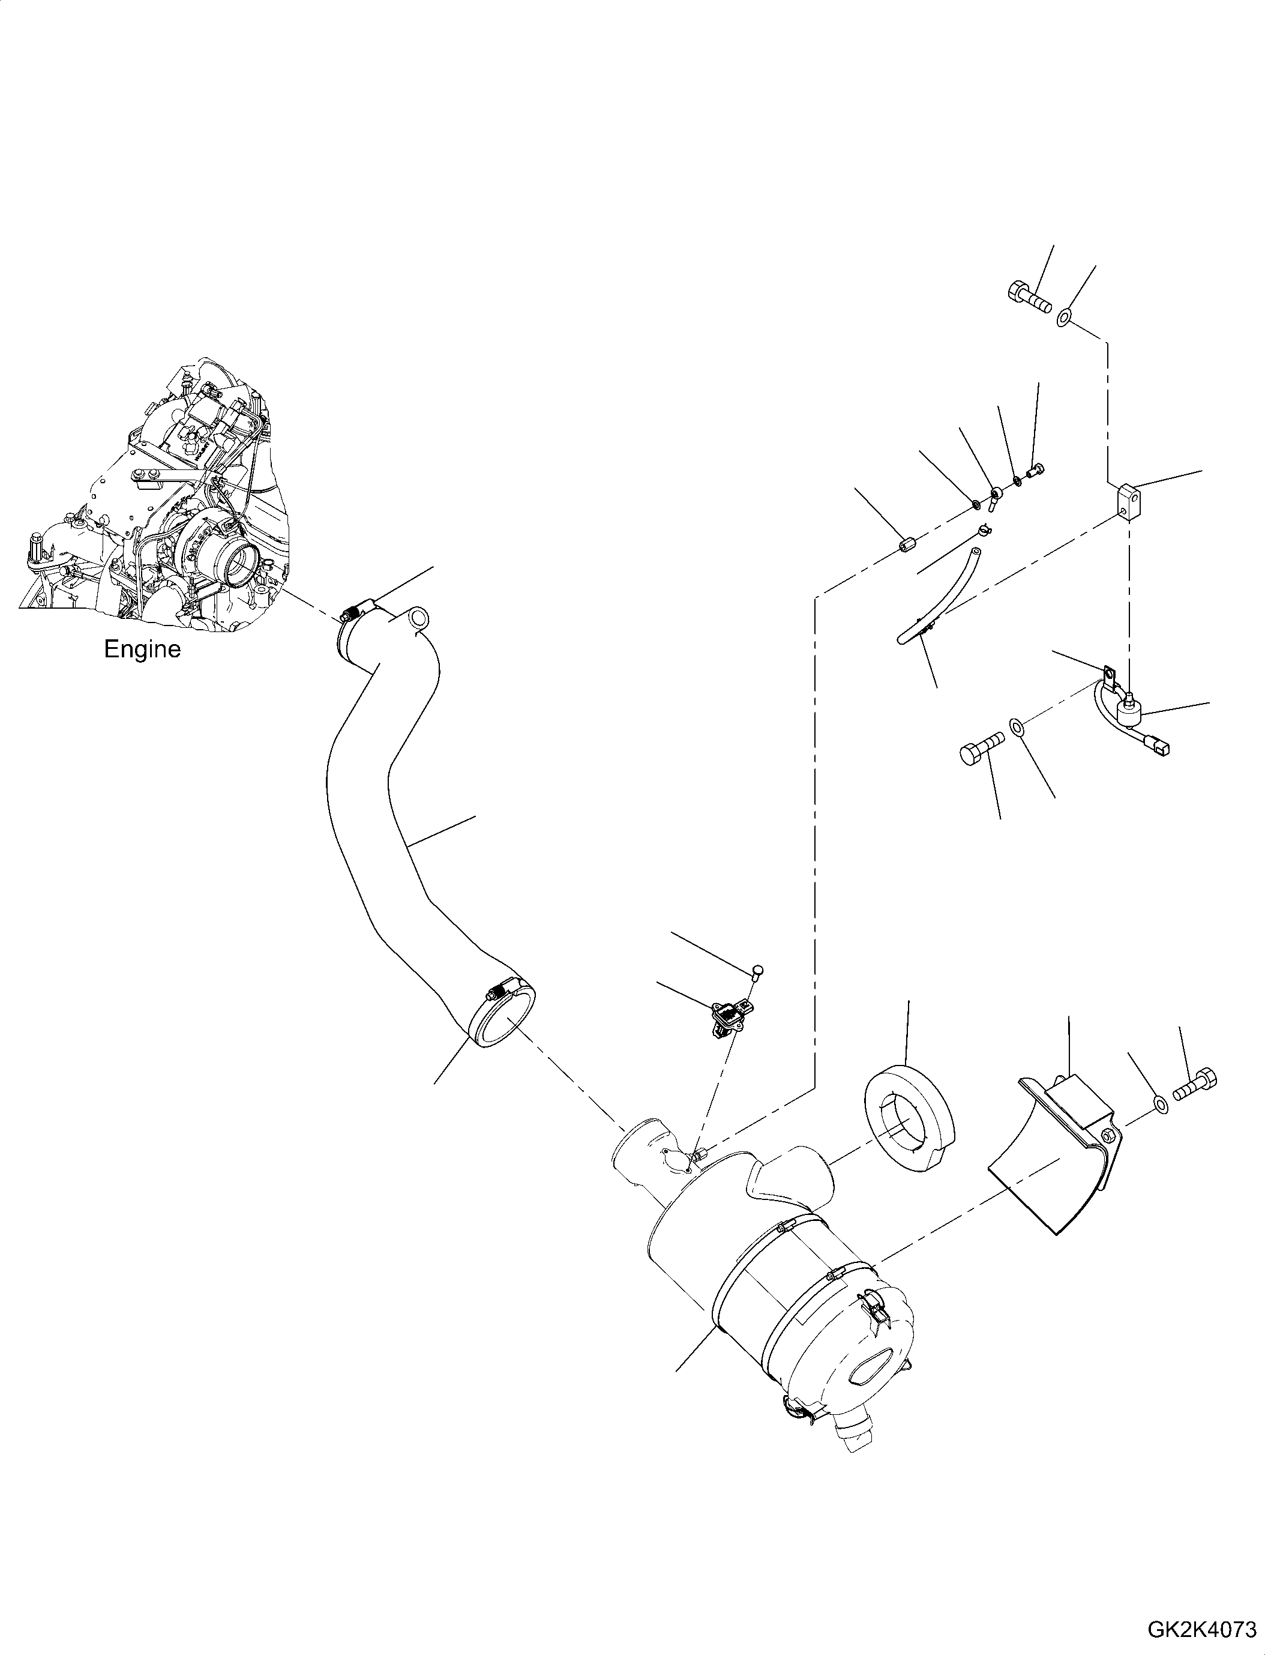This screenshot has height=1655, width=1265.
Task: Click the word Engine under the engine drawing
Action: click(x=142, y=650)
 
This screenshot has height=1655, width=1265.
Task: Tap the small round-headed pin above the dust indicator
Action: click(x=759, y=969)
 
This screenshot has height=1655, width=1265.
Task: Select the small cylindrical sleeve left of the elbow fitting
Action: click(x=908, y=544)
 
